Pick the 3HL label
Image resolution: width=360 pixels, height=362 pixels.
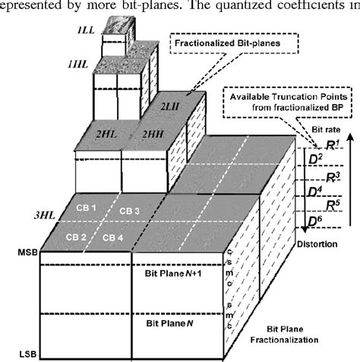[x=49, y=193]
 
